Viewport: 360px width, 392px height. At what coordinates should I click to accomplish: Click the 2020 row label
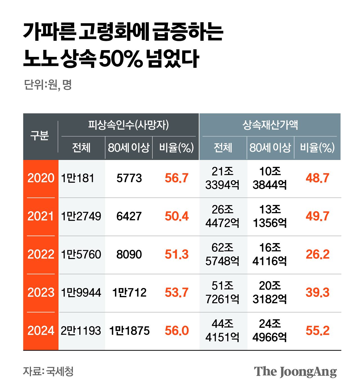41,178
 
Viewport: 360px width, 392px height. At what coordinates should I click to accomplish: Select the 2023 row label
41,293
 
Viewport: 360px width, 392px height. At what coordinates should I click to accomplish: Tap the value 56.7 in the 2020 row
177,178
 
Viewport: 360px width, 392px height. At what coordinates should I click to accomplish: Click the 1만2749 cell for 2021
81,216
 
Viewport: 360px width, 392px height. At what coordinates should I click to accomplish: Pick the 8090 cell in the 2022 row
129,255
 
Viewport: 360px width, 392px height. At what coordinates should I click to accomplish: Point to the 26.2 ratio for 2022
318,255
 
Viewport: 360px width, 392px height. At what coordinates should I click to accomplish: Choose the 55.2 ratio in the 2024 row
318,331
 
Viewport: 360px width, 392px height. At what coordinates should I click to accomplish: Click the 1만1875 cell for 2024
129,331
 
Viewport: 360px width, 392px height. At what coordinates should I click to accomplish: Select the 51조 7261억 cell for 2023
222,293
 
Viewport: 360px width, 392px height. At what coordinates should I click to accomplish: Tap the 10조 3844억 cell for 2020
270,178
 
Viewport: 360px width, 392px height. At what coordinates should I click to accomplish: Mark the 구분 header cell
40,136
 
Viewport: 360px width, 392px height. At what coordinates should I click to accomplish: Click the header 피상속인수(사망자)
129,125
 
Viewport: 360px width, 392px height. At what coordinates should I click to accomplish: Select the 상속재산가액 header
270,125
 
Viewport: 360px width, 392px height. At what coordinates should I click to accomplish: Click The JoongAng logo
295,372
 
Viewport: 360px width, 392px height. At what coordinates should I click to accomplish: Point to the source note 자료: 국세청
48,371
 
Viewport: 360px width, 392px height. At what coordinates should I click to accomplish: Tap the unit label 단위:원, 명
48,84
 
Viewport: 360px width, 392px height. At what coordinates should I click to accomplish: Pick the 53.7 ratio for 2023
177,293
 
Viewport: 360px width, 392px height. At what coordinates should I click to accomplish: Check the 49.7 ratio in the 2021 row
318,216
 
